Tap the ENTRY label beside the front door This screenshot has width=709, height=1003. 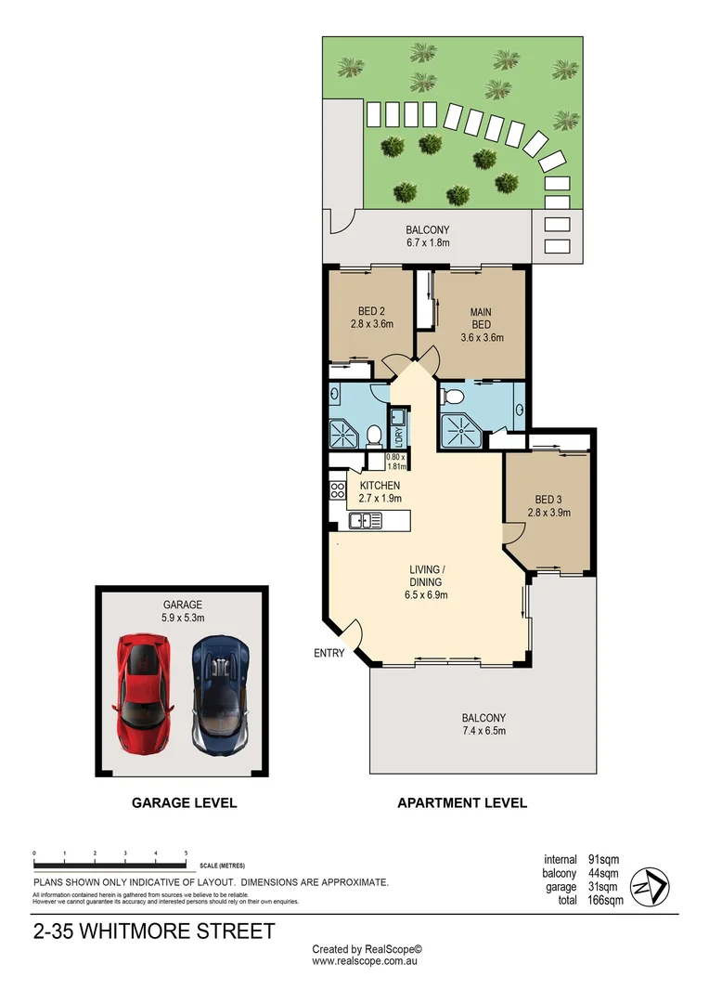coord(329,653)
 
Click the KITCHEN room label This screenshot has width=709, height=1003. coord(380,486)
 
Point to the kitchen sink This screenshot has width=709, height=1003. coord(366,521)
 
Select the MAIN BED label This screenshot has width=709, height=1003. coord(481,318)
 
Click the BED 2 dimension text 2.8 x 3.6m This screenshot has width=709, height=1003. coord(372,325)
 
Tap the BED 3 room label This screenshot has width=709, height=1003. coord(546,497)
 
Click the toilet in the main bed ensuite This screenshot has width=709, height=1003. coord(454,397)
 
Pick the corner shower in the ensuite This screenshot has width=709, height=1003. coord(457,428)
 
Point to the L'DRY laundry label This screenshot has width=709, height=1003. coord(397,433)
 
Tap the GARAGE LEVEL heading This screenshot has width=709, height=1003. coord(184,802)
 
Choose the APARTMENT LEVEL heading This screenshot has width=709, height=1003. coord(462,802)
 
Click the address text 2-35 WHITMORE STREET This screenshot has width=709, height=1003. coord(153,931)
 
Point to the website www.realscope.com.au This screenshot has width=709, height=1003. coord(367,962)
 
